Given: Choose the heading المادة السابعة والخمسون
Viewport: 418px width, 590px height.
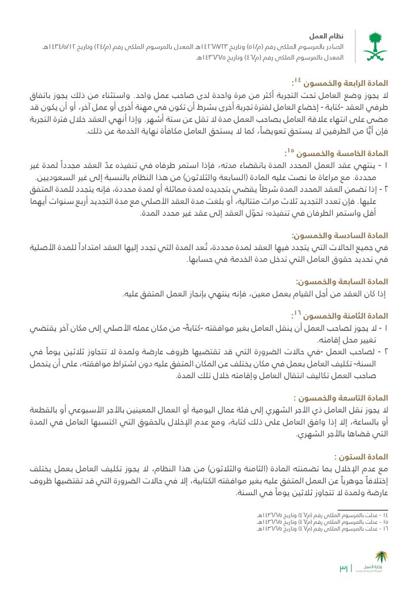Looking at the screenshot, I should [x=342, y=282].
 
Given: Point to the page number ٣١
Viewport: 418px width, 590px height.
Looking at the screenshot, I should [x=344, y=569].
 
